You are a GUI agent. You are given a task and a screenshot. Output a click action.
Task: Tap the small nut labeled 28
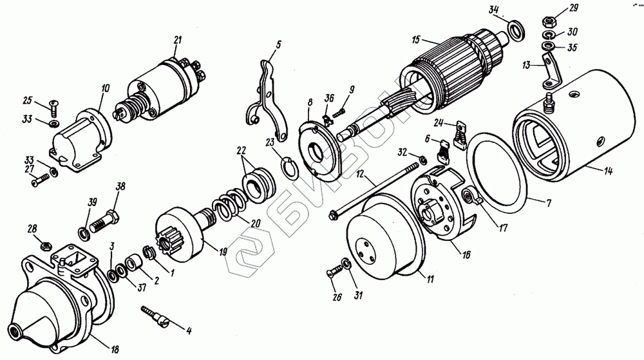45,245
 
